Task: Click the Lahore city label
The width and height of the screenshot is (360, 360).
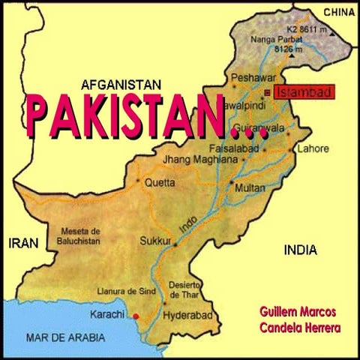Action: (x=313, y=148)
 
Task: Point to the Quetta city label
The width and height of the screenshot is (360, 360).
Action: (x=160, y=181)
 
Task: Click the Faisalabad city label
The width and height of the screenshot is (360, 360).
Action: (x=233, y=148)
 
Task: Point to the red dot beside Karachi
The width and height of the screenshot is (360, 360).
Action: (x=135, y=315)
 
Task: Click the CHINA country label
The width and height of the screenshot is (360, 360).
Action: (x=337, y=12)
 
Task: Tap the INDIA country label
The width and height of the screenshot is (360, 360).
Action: (x=300, y=250)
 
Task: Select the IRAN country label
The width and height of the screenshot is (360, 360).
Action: (x=22, y=243)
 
